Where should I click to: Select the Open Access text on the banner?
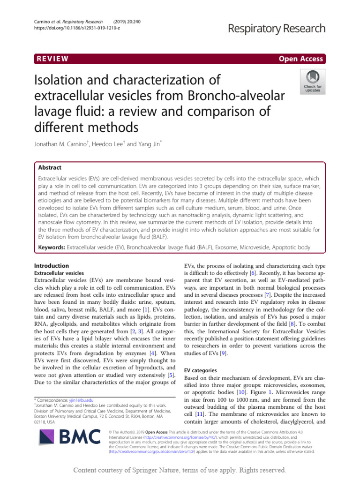(x=300, y=59)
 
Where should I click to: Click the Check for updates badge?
(x=313, y=82)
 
